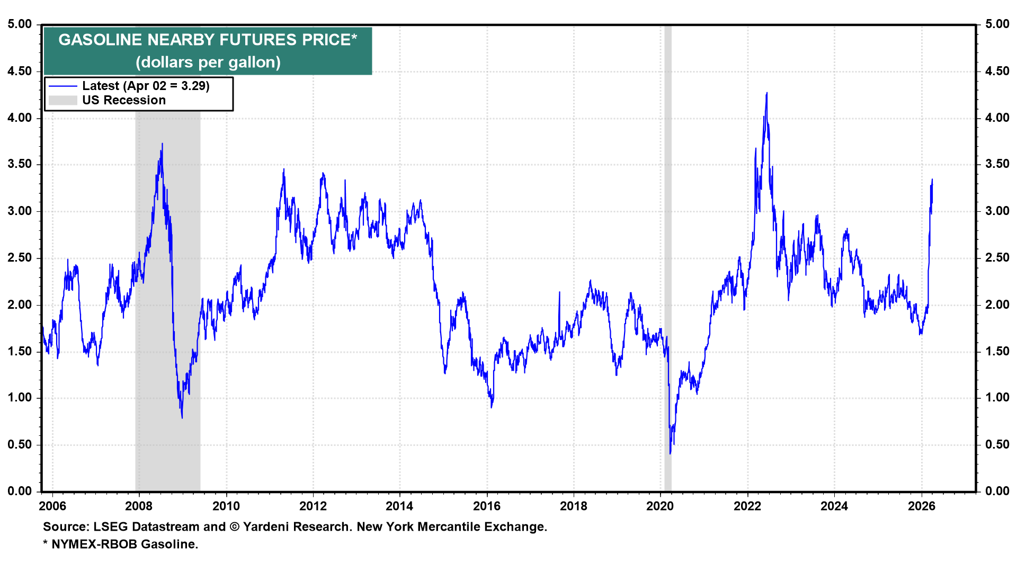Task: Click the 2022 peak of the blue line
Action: coord(766,94)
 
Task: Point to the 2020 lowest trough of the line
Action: coord(670,453)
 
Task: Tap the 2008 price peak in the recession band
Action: coord(162,144)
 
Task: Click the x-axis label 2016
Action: coord(486,506)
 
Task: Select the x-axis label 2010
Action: coord(226,506)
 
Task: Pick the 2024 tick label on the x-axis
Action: coord(834,506)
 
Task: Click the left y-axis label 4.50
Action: coord(20,71)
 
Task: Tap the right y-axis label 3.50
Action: coord(997,164)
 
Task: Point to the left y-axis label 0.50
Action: coord(20,444)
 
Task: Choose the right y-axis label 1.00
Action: coord(997,398)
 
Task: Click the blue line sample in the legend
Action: coord(63,86)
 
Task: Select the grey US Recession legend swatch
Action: coord(63,100)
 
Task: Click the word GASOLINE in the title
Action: coord(100,40)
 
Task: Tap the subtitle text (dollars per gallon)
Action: coord(208,62)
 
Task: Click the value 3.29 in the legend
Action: coord(194,86)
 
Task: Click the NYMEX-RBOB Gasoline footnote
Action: coord(124,544)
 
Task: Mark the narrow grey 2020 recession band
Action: coord(667,265)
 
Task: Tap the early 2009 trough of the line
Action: coord(182,417)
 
